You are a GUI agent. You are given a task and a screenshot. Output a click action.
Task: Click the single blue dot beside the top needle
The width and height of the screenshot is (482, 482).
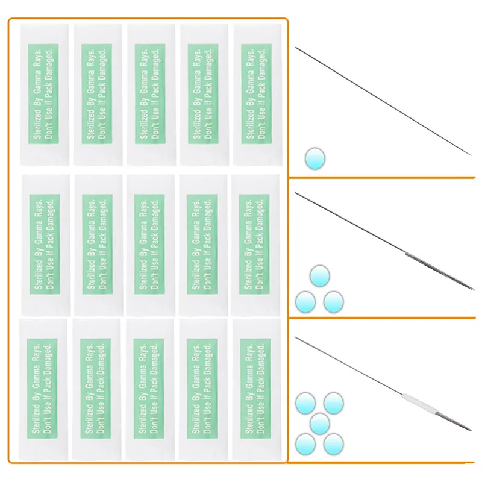click(x=314, y=158)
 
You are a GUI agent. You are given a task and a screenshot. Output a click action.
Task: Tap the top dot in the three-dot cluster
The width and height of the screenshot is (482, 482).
click(x=320, y=277)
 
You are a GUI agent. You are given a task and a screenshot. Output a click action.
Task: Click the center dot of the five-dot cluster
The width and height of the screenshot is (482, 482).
click(x=319, y=423)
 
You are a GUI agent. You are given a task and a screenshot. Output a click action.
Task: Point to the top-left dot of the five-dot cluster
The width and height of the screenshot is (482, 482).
click(x=305, y=402)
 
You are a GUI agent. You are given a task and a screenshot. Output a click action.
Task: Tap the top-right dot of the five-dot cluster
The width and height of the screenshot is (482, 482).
click(x=333, y=402)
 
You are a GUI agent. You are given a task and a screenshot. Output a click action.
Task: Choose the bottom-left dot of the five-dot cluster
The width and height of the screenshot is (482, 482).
click(x=305, y=445)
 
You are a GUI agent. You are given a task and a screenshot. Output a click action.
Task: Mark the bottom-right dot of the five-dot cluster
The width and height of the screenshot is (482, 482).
click(x=333, y=445)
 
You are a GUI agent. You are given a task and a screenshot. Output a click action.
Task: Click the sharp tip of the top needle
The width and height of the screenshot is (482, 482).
click(x=471, y=155)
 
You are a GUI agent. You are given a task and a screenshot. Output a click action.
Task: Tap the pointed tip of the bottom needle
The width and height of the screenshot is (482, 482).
click(x=471, y=430)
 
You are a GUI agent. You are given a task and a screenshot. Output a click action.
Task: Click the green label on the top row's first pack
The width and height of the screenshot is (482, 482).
click(x=43, y=93)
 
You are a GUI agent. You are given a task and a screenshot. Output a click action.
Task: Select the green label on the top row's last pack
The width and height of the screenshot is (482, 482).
click(x=255, y=93)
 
